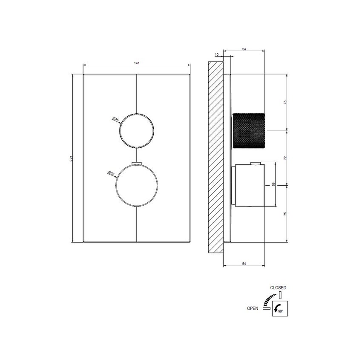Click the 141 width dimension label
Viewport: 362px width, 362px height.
point(137,63)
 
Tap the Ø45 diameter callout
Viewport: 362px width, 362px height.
point(115,120)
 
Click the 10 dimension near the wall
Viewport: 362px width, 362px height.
point(217,55)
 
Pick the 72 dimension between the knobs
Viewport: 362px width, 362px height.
point(285,158)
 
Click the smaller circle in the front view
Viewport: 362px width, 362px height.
point(137,131)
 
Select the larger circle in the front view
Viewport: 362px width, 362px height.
point(137,186)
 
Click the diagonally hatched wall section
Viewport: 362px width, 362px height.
point(216,158)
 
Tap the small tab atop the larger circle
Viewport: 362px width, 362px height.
point(137,163)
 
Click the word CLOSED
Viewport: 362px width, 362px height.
point(278,288)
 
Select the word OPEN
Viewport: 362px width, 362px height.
point(253,308)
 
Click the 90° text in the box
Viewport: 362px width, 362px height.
point(281,312)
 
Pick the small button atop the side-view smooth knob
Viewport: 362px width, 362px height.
point(256,163)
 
